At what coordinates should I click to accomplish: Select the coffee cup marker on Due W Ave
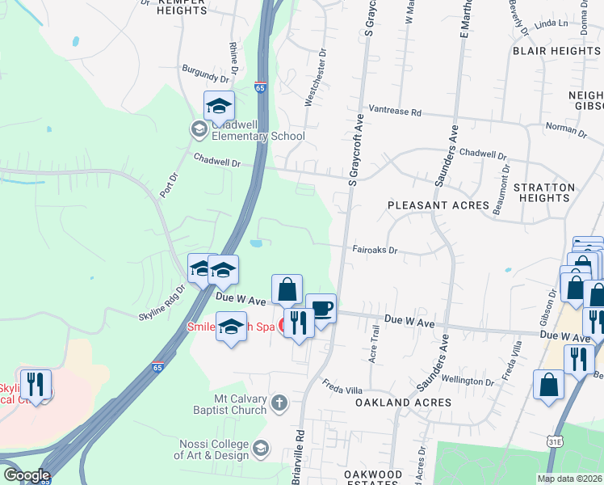(321, 309)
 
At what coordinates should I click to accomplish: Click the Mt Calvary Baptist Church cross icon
(279, 403)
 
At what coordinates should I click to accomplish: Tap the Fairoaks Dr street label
(375, 251)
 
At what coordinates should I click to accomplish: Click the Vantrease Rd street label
(396, 112)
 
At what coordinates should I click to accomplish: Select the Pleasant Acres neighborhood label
(438, 205)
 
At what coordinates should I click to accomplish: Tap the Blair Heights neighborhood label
(556, 51)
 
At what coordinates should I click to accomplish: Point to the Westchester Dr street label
(315, 78)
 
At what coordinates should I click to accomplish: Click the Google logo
(27, 475)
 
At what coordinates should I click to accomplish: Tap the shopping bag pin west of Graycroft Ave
(287, 290)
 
